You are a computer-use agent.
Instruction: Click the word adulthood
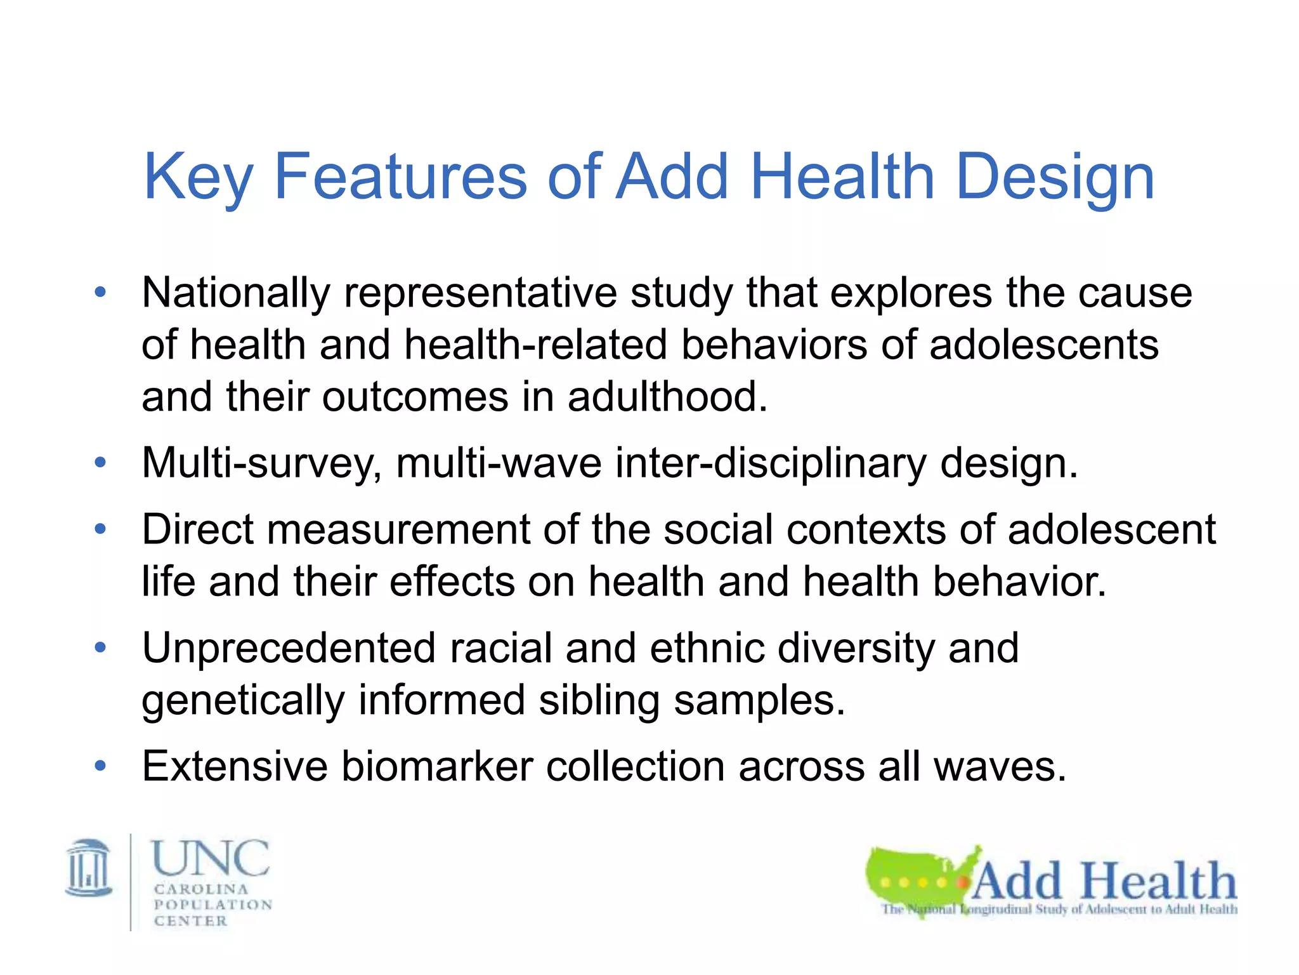click(x=667, y=397)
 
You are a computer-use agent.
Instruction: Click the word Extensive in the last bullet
click(x=235, y=766)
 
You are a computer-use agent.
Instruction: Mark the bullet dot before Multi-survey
click(x=100, y=463)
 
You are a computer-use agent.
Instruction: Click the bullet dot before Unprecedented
click(x=100, y=648)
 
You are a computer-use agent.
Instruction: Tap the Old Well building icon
click(x=89, y=868)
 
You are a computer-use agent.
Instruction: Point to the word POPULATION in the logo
click(x=213, y=905)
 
